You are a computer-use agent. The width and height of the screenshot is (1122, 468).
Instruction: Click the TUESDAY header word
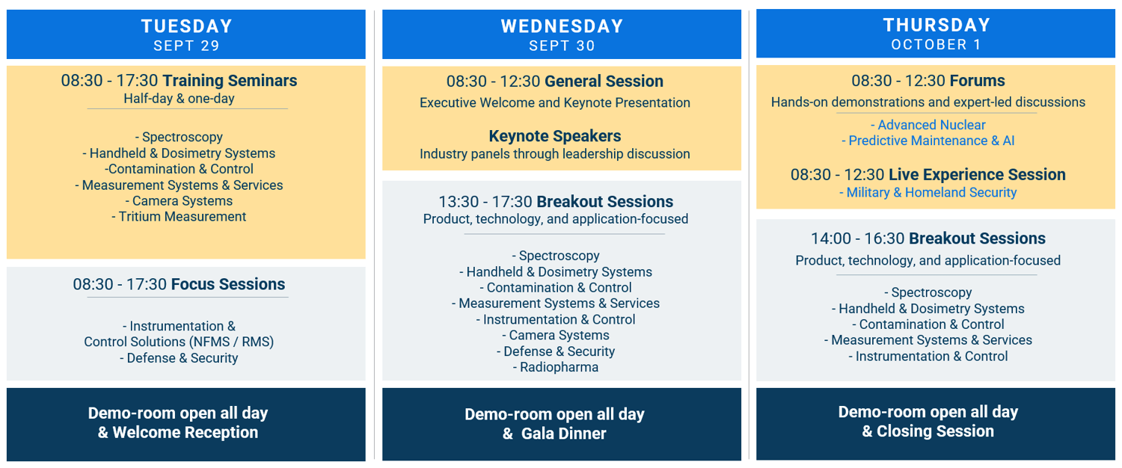[186, 26]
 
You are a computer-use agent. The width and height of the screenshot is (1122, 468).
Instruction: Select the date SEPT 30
[561, 46]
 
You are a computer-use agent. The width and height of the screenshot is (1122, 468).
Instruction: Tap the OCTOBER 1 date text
[936, 45]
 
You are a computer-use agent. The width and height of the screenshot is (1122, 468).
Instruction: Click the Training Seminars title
[230, 81]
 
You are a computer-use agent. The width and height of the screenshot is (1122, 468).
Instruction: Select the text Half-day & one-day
[179, 99]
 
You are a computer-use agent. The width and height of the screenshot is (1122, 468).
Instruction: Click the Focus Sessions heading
[227, 284]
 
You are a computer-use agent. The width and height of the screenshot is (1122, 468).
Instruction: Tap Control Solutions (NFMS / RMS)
[179, 342]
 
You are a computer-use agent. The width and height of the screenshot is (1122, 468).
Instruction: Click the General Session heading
[604, 81]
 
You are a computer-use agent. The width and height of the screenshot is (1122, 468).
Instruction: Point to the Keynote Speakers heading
[555, 136]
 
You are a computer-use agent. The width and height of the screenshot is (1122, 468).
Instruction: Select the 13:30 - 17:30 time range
[485, 202]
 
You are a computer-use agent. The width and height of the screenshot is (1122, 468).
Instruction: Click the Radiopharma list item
[555, 367]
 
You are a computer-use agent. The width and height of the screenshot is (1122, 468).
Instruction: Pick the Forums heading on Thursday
[977, 81]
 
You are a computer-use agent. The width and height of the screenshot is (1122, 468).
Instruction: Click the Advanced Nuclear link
[928, 125]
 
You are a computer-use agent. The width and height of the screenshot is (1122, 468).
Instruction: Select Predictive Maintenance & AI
[928, 141]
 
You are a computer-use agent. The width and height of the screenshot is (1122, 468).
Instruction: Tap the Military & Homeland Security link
[928, 193]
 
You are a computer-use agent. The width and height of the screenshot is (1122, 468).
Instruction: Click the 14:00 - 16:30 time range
[857, 238]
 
